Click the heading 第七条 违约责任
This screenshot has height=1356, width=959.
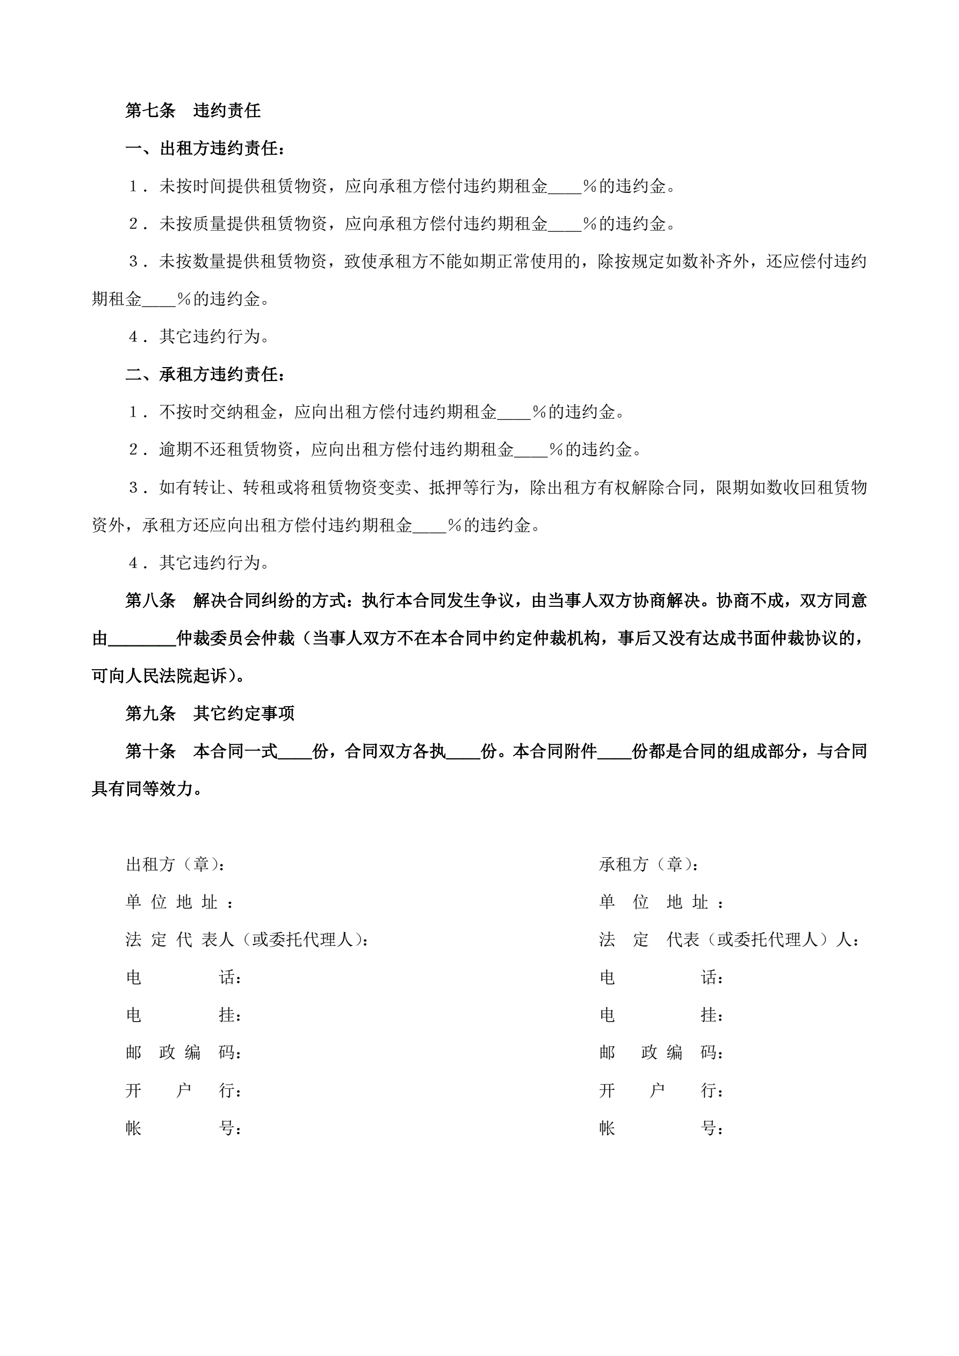(192, 110)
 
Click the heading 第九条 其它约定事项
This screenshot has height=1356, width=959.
(210, 713)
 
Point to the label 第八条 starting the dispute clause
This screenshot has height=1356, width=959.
(150, 601)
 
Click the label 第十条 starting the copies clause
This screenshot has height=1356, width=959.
(150, 751)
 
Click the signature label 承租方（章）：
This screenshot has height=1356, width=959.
(649, 865)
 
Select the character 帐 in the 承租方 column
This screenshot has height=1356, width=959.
(607, 1129)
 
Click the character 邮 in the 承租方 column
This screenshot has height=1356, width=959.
(607, 1053)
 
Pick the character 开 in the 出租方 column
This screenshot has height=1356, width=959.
(133, 1091)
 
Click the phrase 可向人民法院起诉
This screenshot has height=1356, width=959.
(159, 676)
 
